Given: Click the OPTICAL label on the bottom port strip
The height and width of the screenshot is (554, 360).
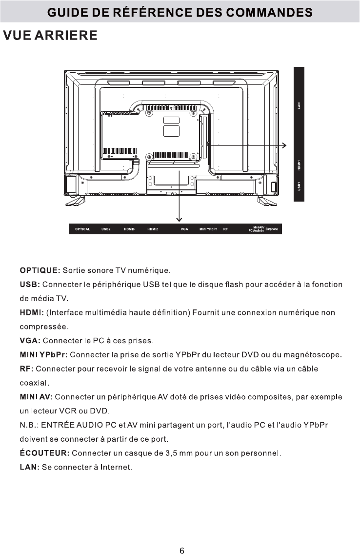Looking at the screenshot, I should [x=82, y=229].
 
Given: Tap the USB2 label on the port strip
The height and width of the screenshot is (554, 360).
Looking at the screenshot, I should [x=106, y=229].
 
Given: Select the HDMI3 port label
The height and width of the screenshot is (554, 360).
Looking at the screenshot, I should [x=129, y=229].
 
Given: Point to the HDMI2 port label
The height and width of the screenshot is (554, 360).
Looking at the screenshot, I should [x=153, y=229].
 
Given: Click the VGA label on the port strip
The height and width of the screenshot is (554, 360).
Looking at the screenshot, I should [x=184, y=229].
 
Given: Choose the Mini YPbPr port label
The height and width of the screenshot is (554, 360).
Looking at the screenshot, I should [x=208, y=229].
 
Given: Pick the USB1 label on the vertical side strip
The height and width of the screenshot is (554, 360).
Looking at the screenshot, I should [x=299, y=186].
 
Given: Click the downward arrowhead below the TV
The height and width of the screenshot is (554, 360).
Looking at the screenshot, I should [x=180, y=219].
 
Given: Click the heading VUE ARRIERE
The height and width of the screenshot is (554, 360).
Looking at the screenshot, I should [x=50, y=36].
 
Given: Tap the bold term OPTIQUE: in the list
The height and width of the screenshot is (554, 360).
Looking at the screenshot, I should [x=40, y=270].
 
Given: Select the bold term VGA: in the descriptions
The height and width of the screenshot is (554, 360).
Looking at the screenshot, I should [x=29, y=340].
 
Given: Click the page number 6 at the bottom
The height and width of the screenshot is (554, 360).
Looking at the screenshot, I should [x=181, y=537].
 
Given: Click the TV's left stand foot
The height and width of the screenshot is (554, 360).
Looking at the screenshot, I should [x=75, y=199].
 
